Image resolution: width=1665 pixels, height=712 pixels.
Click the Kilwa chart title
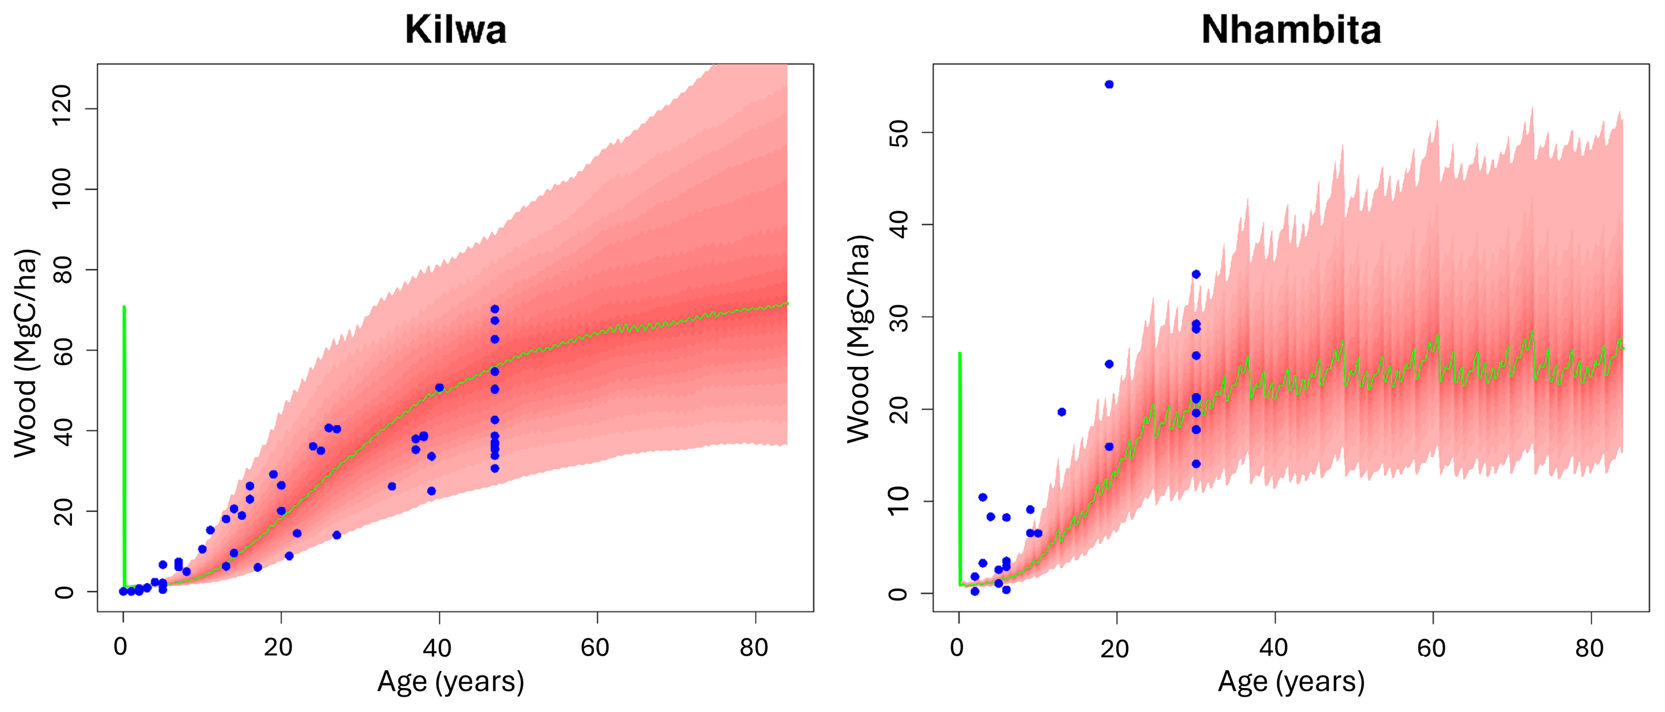456,30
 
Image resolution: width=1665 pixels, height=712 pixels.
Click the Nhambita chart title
1291,30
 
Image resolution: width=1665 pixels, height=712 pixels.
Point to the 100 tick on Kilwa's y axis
62,188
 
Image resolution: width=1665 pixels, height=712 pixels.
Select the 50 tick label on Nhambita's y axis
899,133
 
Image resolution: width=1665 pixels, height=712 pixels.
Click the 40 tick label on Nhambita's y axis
899,225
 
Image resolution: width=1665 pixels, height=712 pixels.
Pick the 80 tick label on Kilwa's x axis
753,648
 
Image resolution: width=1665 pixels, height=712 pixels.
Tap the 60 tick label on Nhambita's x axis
1431,648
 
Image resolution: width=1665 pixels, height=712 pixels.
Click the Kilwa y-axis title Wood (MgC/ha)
26,353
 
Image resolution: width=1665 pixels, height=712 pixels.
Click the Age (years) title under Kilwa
451,682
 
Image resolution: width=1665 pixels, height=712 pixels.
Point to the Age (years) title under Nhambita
1291,682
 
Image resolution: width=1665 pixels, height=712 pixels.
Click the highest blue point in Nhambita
1109,84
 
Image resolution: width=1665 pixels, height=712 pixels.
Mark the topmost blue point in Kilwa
495,309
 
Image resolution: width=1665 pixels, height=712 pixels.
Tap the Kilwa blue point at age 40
440,388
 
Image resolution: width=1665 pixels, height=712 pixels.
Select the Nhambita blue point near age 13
1062,412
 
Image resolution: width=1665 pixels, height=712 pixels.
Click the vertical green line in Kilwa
124,446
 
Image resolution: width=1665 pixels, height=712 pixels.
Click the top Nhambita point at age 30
1196,274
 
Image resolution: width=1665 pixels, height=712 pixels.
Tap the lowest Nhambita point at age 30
1196,464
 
